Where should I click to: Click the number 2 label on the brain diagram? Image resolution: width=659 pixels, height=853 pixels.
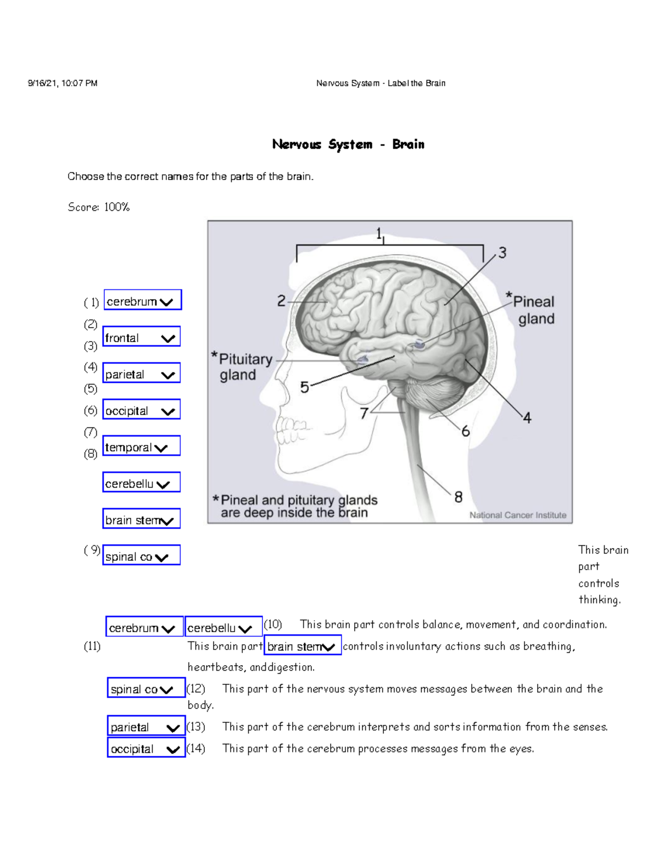(281, 301)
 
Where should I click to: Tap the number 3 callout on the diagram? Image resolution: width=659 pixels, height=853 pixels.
(502, 253)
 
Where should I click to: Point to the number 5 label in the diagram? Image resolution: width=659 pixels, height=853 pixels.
(305, 387)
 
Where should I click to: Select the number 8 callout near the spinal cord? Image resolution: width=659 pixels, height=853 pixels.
(458, 497)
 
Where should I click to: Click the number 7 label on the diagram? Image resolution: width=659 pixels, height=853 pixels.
(364, 413)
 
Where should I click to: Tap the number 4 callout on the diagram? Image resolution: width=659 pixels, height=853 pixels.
(527, 418)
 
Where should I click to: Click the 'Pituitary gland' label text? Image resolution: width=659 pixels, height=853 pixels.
(242, 367)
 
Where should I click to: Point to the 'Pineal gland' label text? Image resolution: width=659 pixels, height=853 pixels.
(533, 310)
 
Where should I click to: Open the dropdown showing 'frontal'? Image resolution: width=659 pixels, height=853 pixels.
(142, 338)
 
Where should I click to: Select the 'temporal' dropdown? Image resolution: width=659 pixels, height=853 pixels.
(142, 447)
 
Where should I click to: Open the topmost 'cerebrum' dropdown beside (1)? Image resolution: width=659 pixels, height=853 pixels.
(142, 301)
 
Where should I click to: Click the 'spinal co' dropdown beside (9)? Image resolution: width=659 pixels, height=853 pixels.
(142, 556)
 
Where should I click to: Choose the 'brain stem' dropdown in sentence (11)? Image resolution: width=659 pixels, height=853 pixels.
(303, 646)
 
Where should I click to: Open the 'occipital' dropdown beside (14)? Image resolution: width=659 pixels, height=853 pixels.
(146, 749)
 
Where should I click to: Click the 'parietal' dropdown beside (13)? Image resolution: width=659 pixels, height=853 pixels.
(146, 727)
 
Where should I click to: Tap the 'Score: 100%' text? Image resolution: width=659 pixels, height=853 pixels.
(99, 207)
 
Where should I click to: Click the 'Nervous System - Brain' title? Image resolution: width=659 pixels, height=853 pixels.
(348, 144)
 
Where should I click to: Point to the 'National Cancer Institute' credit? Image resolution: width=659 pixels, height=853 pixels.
(517, 515)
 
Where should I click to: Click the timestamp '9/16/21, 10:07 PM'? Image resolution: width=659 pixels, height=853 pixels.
(63, 83)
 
